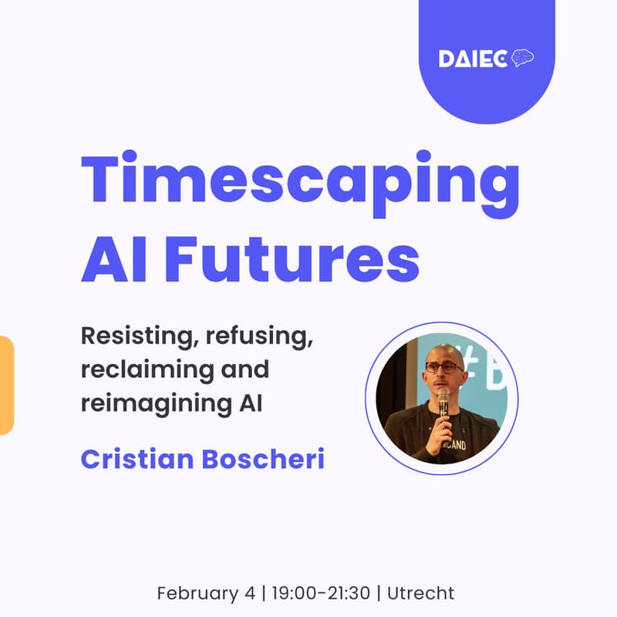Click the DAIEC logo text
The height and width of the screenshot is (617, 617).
point(473,59)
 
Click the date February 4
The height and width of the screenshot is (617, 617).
point(202,593)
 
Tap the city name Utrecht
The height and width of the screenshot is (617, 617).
point(421,593)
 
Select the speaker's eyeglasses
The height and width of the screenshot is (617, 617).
point(446,368)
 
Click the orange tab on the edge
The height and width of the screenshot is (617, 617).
point(6,385)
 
